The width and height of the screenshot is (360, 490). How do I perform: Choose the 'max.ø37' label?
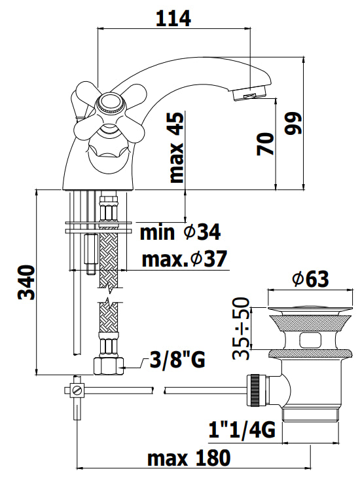[185, 259]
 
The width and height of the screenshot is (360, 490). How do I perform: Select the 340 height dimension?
[24, 284]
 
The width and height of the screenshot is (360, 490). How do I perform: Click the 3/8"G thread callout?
[176, 360]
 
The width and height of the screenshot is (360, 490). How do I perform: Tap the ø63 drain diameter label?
[310, 279]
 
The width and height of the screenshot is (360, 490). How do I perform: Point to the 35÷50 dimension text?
[242, 329]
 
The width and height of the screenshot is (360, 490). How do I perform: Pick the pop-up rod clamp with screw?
[76, 391]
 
